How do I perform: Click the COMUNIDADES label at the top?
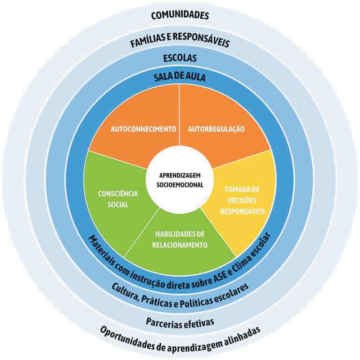point(180,15)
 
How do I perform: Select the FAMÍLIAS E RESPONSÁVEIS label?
point(180,43)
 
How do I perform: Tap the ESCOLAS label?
point(180,59)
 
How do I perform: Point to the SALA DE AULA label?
point(180,77)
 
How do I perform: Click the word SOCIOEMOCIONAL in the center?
point(180,185)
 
